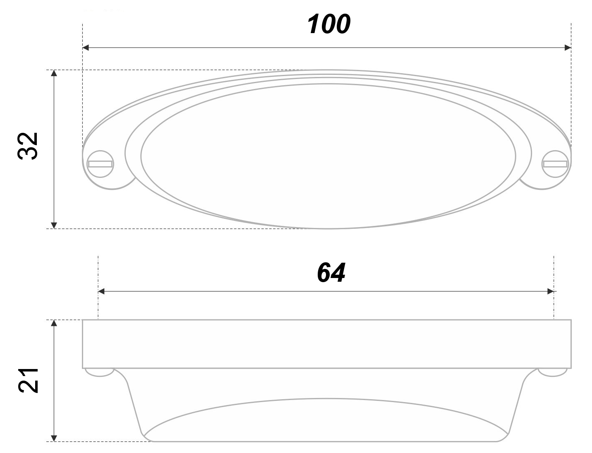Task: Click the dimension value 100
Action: coord(328,24)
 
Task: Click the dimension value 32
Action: coord(27,146)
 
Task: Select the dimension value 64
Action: coord(331,273)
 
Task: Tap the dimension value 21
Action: coord(28,381)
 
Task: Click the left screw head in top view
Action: coord(101,164)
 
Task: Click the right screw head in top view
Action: coord(555,164)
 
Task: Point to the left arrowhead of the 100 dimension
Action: coord(86,48)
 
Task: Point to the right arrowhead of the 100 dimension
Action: coord(568,48)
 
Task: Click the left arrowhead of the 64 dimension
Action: coord(101,291)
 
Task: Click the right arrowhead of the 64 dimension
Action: coord(551,291)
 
